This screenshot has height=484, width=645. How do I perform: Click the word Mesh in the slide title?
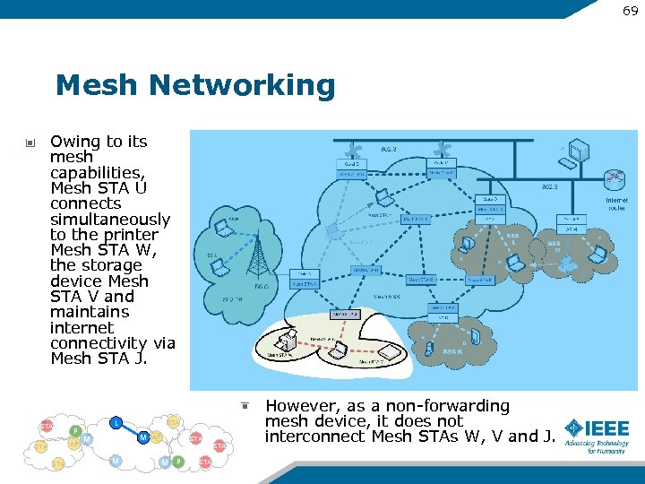(99, 86)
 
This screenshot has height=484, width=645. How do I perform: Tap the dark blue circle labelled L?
(116, 422)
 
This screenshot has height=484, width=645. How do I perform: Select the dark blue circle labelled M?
(143, 437)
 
